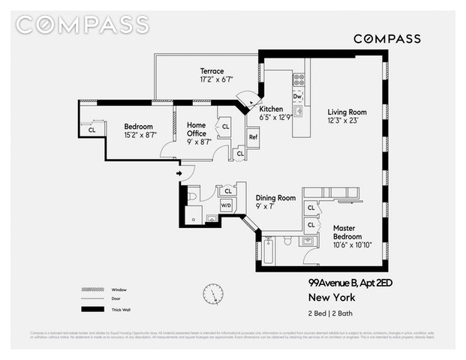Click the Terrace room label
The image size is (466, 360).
[212, 70]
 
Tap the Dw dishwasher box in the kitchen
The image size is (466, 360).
[298, 97]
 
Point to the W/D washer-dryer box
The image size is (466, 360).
[226, 205]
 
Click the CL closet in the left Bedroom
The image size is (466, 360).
[92, 130]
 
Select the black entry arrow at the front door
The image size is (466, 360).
[180, 174]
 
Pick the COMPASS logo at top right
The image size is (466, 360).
[386, 38]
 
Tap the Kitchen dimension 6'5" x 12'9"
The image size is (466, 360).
[276, 118]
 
